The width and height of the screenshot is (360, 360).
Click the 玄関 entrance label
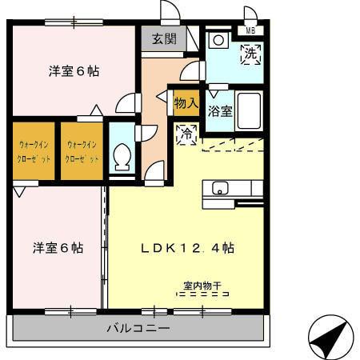165,38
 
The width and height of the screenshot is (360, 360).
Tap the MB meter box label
251,31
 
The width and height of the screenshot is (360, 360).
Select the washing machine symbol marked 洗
250,55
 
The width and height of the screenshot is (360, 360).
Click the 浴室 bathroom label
220,111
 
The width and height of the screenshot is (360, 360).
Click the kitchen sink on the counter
220,188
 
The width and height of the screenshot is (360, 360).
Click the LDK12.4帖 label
187,247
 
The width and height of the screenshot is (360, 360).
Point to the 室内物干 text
199,284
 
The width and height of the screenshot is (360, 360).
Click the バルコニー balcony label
138,329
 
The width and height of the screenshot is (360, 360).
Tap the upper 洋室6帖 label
74,70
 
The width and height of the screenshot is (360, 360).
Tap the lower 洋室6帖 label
58,247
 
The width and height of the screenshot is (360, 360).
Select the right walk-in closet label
82,151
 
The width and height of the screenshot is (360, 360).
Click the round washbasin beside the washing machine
218,41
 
